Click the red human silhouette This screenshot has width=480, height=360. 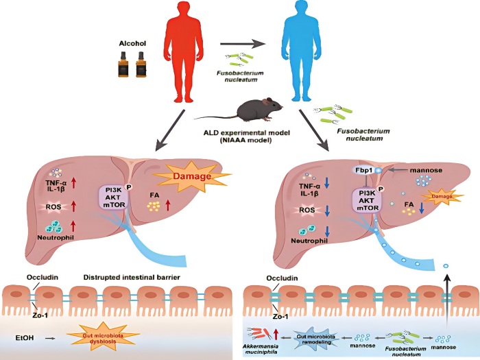pyautogui.click(x=183, y=52)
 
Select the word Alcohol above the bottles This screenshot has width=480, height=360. pyautogui.click(x=132, y=43)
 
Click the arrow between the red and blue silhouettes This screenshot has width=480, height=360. pyautogui.click(x=243, y=44)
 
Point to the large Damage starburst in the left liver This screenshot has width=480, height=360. pyautogui.click(x=191, y=176)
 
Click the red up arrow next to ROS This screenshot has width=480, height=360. pyautogui.click(x=73, y=206)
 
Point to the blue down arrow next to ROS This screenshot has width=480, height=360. pyautogui.click(x=328, y=211)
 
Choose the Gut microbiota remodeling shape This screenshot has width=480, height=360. pyautogui.click(x=315, y=339)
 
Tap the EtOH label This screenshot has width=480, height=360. pyautogui.click(x=25, y=338)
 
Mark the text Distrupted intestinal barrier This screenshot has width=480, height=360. pyautogui.click(x=132, y=278)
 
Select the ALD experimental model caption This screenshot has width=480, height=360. pyautogui.click(x=247, y=137)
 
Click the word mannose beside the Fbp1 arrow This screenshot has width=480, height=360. pyautogui.click(x=426, y=170)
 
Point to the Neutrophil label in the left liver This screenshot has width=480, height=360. pyautogui.click(x=56, y=237)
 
